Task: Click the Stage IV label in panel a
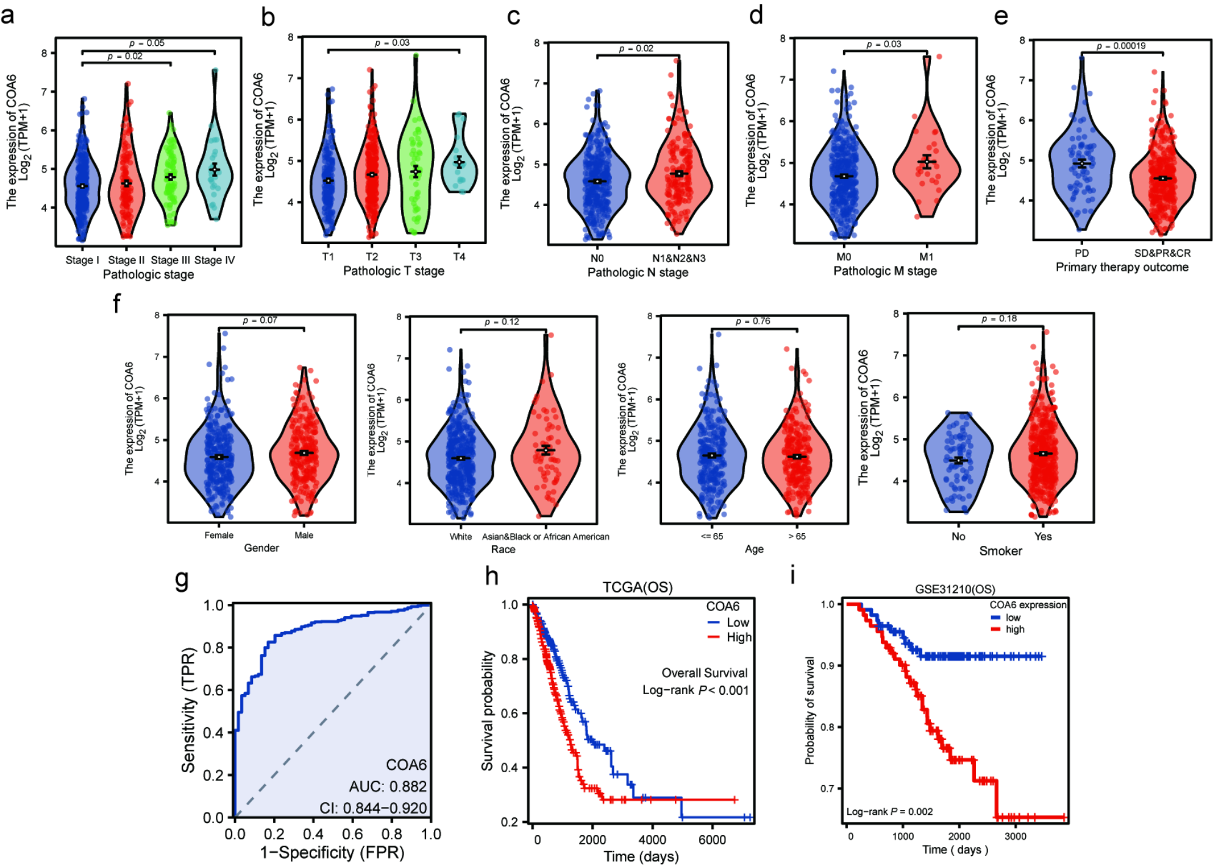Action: coord(214,260)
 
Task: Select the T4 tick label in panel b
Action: coord(459,257)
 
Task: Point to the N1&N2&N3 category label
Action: coord(678,258)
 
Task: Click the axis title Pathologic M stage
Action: coord(884,271)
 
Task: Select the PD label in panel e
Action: coord(1081,253)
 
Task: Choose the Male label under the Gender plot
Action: coord(304,536)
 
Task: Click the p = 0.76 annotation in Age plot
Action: coord(753,321)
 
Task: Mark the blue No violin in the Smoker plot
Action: coord(958,457)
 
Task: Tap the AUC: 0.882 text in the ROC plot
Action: coord(388,786)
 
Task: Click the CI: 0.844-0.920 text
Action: coord(373,808)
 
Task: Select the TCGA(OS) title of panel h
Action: coord(637,587)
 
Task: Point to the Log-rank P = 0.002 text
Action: coord(889,811)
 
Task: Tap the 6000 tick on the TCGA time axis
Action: coord(711,840)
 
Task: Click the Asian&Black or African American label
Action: coord(546,537)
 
